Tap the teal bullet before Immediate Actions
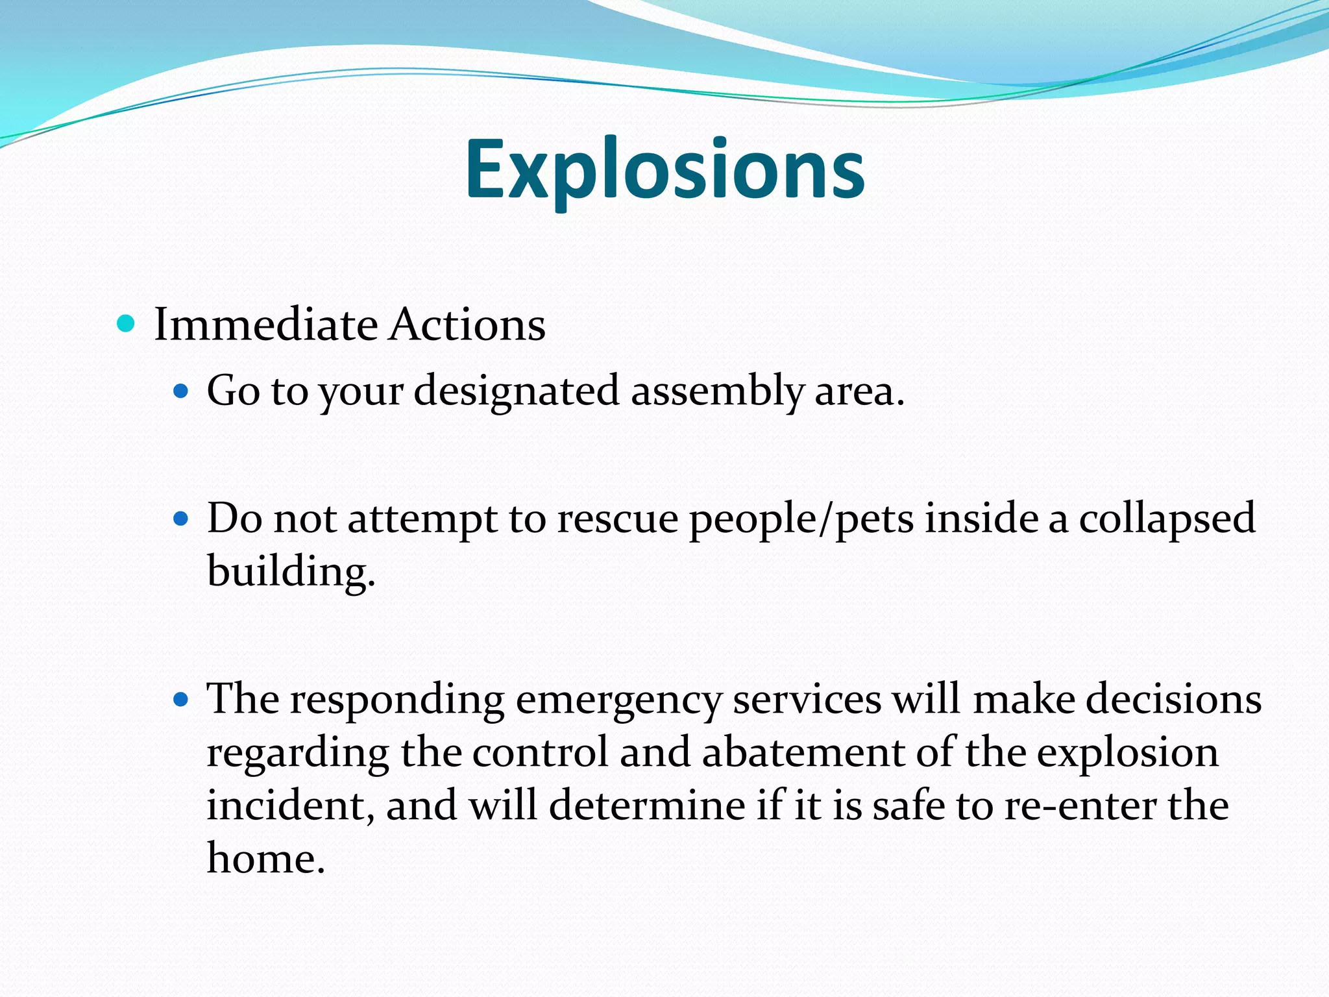pyautogui.click(x=126, y=323)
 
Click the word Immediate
pyautogui.click(x=265, y=324)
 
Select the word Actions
pyautogui.click(x=467, y=324)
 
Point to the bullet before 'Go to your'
pyautogui.click(x=181, y=391)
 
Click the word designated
pyautogui.click(x=516, y=391)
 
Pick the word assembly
pyautogui.click(x=717, y=391)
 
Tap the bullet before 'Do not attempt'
pyautogui.click(x=181, y=519)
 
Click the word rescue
pyautogui.click(x=617, y=519)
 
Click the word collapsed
pyautogui.click(x=1166, y=519)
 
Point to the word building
pyautogui.click(x=291, y=572)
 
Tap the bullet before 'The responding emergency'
pyautogui.click(x=181, y=699)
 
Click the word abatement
pyautogui.click(x=803, y=752)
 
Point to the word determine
pyautogui.click(x=648, y=806)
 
